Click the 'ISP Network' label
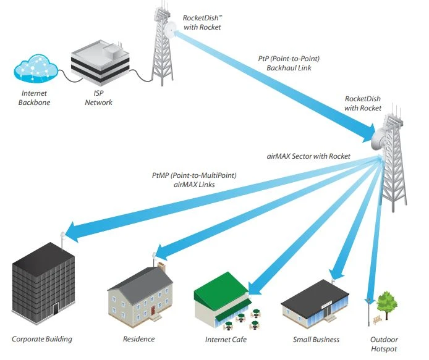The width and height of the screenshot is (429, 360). point(98,98)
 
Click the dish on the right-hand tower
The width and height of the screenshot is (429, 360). point(381,132)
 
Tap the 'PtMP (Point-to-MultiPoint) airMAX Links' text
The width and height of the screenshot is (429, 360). point(194,180)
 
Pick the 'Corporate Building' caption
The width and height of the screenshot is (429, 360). point(42,339)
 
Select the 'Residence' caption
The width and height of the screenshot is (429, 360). point(139,339)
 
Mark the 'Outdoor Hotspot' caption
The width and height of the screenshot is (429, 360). point(384,344)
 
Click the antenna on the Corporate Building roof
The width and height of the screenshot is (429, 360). point(62,235)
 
